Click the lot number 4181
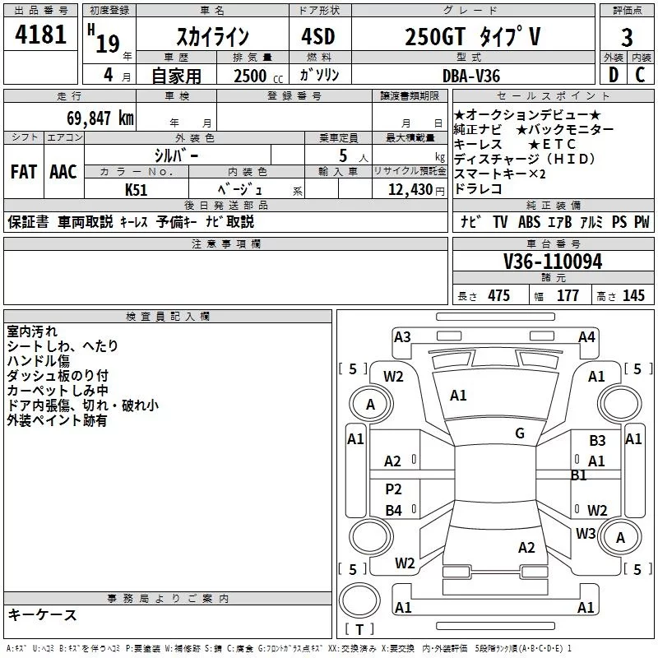point(41,35)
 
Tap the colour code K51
point(137,189)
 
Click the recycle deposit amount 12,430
point(409,189)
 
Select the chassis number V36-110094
point(552,262)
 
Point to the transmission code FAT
point(24,172)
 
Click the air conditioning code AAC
point(63,172)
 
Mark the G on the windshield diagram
point(520,433)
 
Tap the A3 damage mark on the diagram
point(402,336)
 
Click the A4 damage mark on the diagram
point(586,336)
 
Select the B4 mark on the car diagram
point(394,511)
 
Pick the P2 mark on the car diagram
point(394,489)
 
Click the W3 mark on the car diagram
point(586,533)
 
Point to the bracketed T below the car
point(359,629)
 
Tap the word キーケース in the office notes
point(43,614)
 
